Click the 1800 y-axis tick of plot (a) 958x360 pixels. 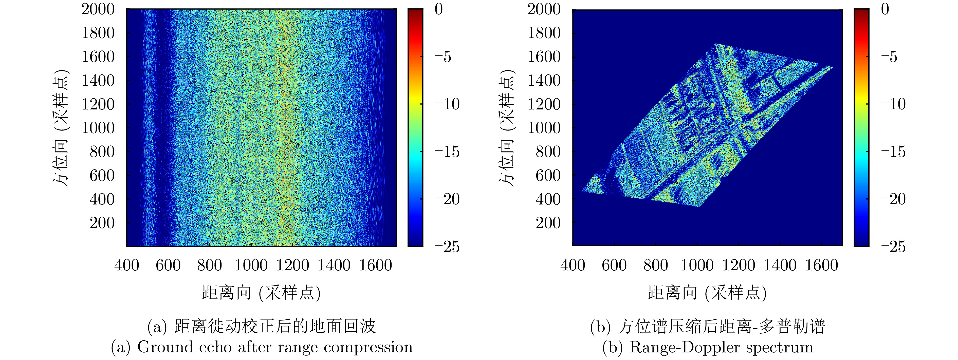(x=98, y=33)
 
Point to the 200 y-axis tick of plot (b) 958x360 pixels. (x=548, y=223)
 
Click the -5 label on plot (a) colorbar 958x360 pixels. (x=443, y=57)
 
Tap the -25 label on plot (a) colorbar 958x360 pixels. (x=447, y=247)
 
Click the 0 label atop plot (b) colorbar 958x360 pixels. (x=885, y=9)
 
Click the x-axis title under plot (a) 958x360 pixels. (x=261, y=293)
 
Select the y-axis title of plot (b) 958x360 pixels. (x=507, y=128)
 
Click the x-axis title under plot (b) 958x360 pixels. (x=707, y=293)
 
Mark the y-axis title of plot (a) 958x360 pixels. (x=61, y=128)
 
